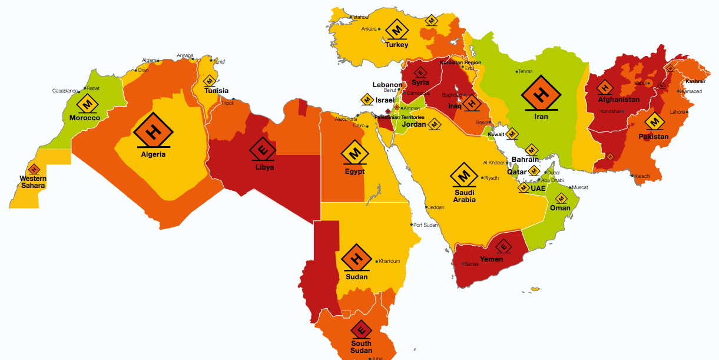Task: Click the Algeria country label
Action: coord(153,154)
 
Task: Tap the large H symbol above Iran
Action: coord(541,93)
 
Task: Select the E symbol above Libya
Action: coord(263,150)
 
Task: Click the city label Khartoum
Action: coord(389,261)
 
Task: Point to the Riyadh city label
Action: coord(492,178)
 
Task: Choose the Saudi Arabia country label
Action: coord(464,196)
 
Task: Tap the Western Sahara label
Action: coord(33,182)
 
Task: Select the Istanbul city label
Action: coord(360,17)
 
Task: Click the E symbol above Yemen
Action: coord(503,247)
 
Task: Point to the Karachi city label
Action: coord(642,176)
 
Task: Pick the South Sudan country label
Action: coord(361,347)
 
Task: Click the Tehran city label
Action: coord(525,71)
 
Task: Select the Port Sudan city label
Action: coord(426,225)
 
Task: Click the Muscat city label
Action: coord(580,187)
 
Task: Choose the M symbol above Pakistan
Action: coord(654,122)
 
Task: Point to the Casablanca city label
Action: coord(65,91)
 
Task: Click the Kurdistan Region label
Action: coord(460,62)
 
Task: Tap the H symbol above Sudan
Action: coord(356,257)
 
